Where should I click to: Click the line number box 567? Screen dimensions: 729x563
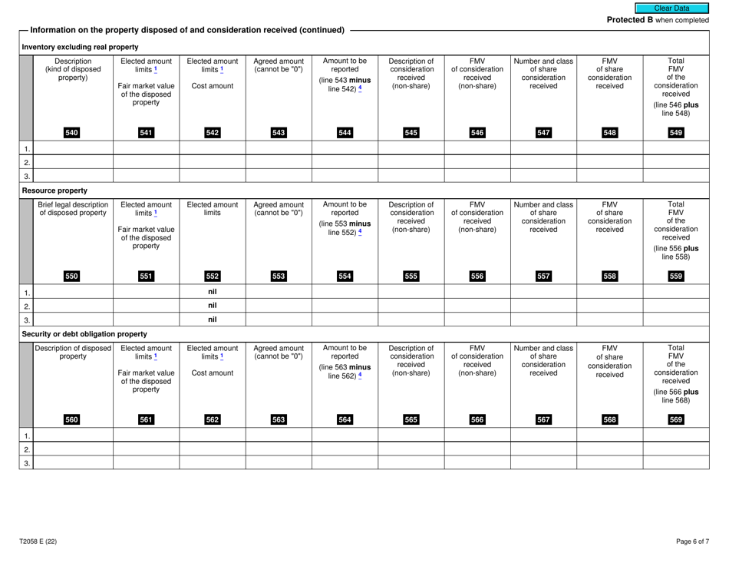543,419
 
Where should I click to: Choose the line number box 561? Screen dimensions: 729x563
146,419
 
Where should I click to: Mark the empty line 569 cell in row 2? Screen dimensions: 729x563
676,448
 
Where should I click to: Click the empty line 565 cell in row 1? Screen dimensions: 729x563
411,434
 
